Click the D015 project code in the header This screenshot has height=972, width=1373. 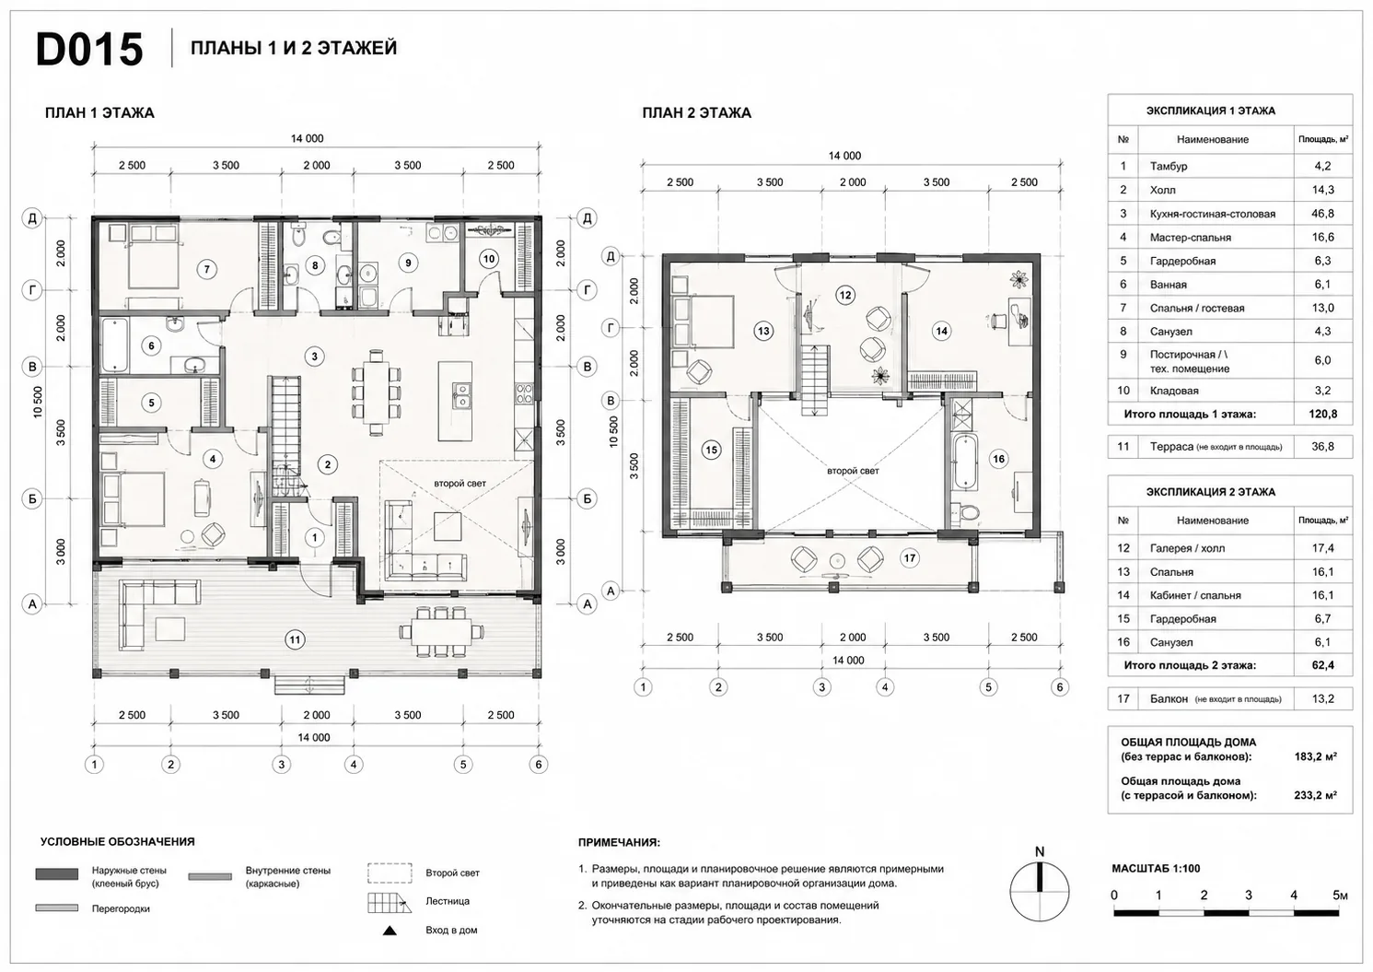[89, 49]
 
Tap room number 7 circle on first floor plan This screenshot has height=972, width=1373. [206, 269]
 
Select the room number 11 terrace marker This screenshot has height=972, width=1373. [295, 639]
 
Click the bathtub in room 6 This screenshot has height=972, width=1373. [114, 345]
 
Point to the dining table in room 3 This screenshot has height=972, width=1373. [377, 392]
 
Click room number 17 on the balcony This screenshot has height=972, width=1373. [910, 558]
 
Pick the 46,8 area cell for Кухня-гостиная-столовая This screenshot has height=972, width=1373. [1322, 214]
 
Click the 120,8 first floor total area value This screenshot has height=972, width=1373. [1322, 414]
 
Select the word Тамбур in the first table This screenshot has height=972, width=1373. [1169, 166]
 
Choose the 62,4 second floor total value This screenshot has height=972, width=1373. [1322, 665]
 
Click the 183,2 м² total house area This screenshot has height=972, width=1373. [1315, 756]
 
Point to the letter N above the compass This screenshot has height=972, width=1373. [1040, 852]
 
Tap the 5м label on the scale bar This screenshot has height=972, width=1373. [1340, 896]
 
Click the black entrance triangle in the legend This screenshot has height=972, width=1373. [390, 931]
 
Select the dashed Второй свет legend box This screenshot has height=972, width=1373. [390, 872]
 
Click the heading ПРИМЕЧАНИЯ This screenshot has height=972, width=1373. [619, 843]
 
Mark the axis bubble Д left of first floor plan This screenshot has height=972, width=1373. [32, 217]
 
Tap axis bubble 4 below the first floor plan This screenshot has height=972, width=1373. [353, 764]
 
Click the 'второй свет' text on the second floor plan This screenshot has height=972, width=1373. [853, 471]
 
